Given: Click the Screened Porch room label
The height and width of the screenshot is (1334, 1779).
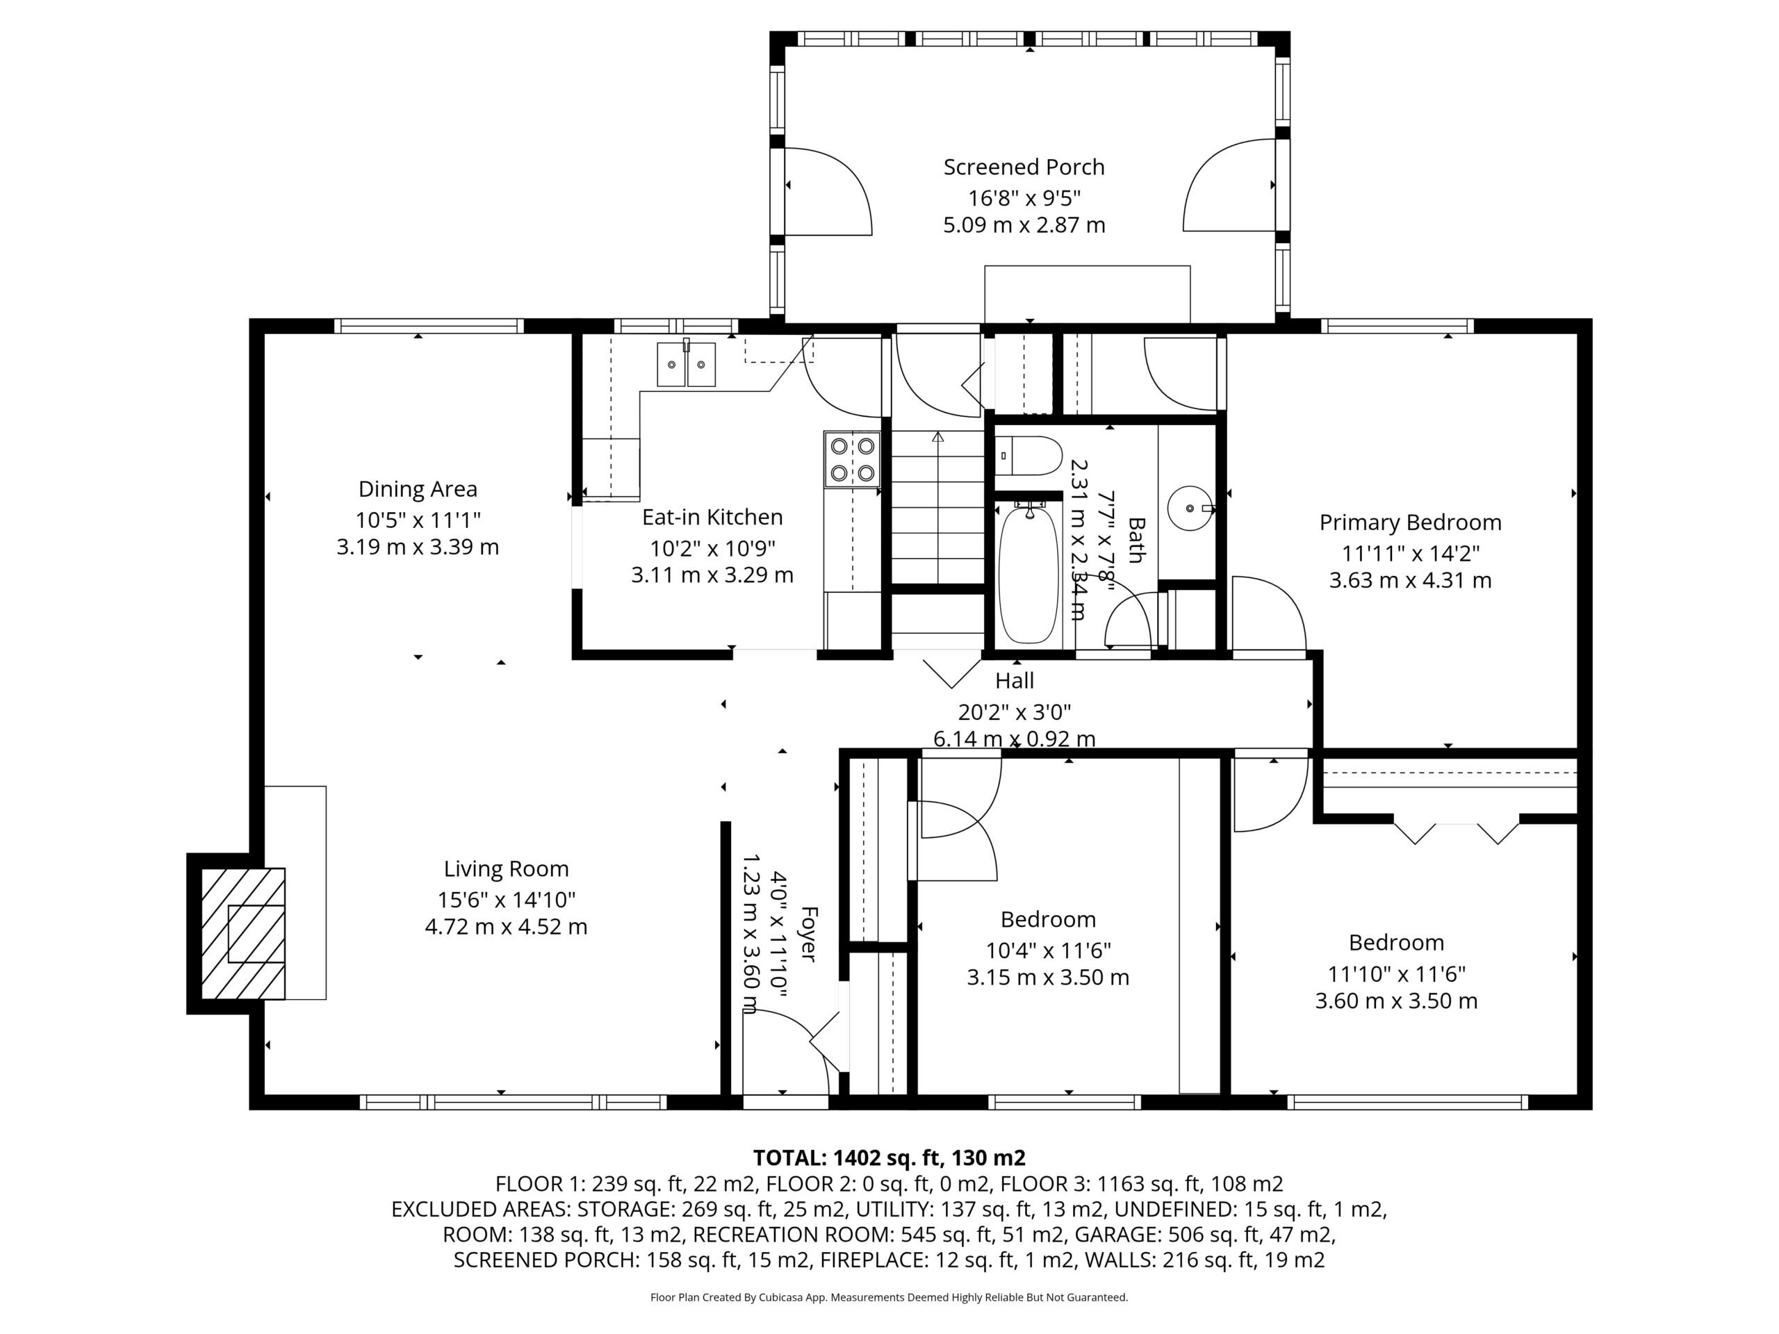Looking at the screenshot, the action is [1024, 167].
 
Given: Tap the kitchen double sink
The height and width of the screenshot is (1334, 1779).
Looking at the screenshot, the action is [686, 363].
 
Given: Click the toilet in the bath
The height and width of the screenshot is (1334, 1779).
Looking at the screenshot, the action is [1028, 456].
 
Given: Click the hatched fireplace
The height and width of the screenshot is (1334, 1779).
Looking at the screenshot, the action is [242, 932].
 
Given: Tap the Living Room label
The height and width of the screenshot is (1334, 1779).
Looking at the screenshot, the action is [506, 868].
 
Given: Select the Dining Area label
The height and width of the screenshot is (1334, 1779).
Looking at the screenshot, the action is [418, 489].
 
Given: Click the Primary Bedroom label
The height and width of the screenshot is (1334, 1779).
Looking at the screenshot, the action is [1410, 522].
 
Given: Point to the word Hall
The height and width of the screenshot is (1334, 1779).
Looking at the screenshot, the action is [1014, 681].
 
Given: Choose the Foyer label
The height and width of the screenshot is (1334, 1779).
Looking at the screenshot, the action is [808, 934].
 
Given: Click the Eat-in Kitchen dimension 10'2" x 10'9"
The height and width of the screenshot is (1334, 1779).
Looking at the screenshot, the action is [712, 548].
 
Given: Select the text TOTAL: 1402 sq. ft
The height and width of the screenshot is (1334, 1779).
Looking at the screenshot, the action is [846, 1158].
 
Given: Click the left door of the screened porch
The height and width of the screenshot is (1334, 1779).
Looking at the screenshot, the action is [828, 191].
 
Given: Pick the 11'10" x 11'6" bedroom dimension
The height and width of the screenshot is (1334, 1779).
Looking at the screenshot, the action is [1396, 975].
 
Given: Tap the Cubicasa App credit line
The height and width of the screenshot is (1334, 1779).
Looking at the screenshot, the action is [889, 1297].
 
